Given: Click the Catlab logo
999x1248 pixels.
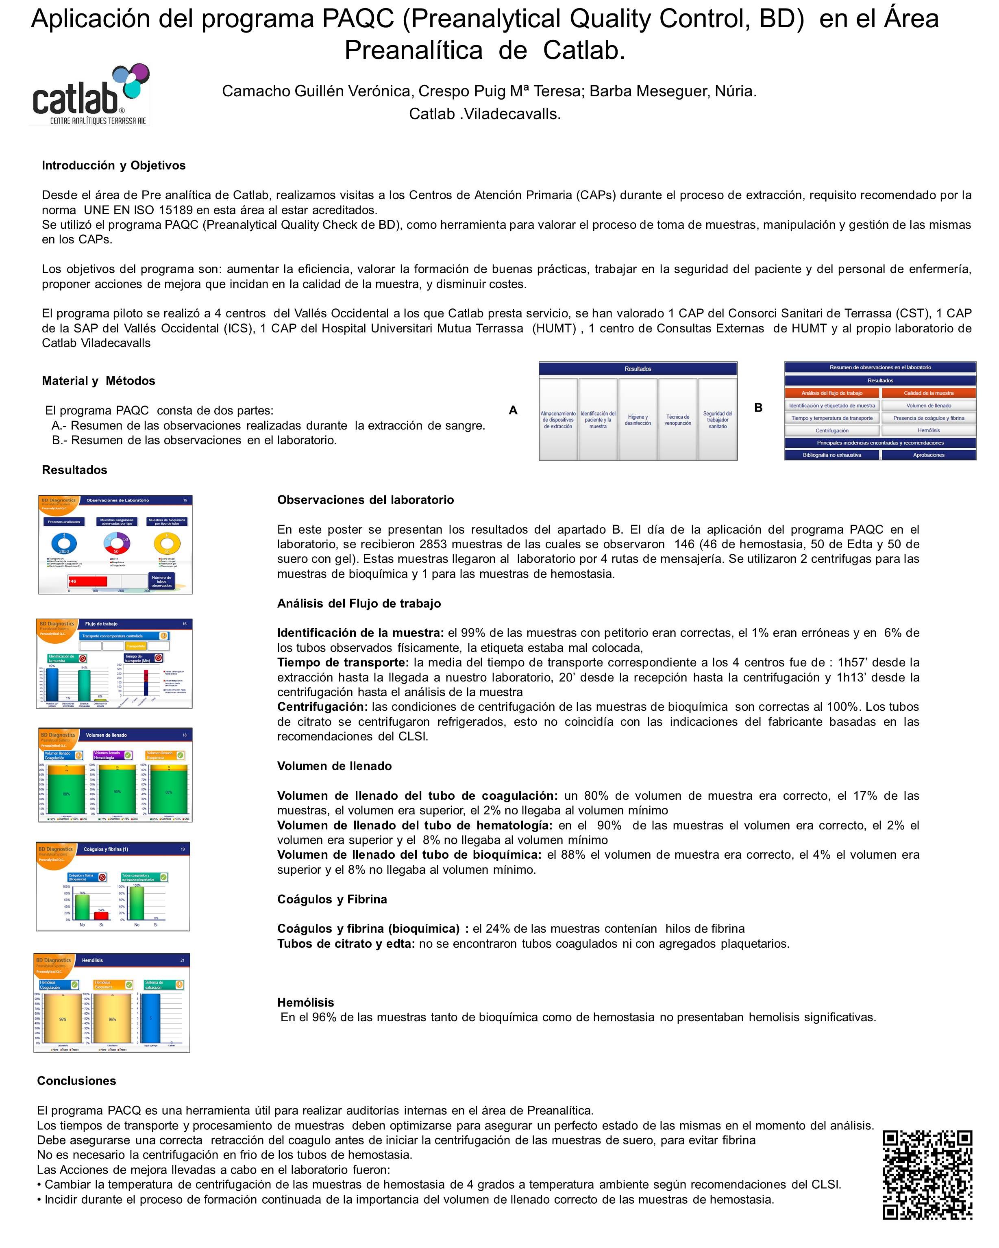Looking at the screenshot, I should click(90, 94).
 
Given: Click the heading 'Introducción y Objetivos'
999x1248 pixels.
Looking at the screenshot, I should click(113, 165).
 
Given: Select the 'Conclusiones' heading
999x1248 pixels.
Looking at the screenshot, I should click(76, 1081).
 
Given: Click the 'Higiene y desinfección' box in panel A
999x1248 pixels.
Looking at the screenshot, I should click(638, 420).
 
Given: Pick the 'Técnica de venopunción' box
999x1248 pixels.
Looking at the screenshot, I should click(677, 420).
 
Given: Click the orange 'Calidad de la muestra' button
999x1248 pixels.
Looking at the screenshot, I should click(928, 393).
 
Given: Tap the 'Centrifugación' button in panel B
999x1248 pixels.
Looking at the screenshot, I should click(831, 431).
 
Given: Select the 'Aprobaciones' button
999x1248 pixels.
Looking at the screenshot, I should click(928, 455).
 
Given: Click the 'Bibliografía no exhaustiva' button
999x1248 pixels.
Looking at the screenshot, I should click(831, 455).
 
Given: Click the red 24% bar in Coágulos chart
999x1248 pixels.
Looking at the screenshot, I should click(101, 916).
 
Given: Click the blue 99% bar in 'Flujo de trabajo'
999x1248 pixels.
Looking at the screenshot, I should click(52, 685).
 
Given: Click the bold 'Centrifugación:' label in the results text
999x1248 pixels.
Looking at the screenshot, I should click(322, 707).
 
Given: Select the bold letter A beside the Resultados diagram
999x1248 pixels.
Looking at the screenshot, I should click(513, 410).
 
